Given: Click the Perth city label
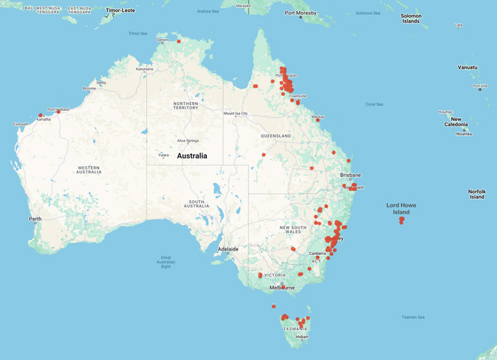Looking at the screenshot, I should [x=35, y=219].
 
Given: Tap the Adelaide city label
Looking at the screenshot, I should [x=228, y=249].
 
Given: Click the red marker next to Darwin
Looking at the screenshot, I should [x=179, y=41].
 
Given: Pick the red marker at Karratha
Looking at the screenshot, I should [x=40, y=115].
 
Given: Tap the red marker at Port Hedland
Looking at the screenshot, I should [x=58, y=111].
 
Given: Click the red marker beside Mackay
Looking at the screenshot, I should [x=317, y=120].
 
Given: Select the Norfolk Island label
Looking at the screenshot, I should [x=477, y=195].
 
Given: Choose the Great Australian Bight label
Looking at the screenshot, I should [x=165, y=261].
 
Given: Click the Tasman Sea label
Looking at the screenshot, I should [x=413, y=317].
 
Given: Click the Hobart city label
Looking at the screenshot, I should [x=302, y=337].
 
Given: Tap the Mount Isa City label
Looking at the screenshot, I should [x=236, y=113].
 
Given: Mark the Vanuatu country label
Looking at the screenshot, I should [x=467, y=67].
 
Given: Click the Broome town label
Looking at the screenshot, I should [x=89, y=89].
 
